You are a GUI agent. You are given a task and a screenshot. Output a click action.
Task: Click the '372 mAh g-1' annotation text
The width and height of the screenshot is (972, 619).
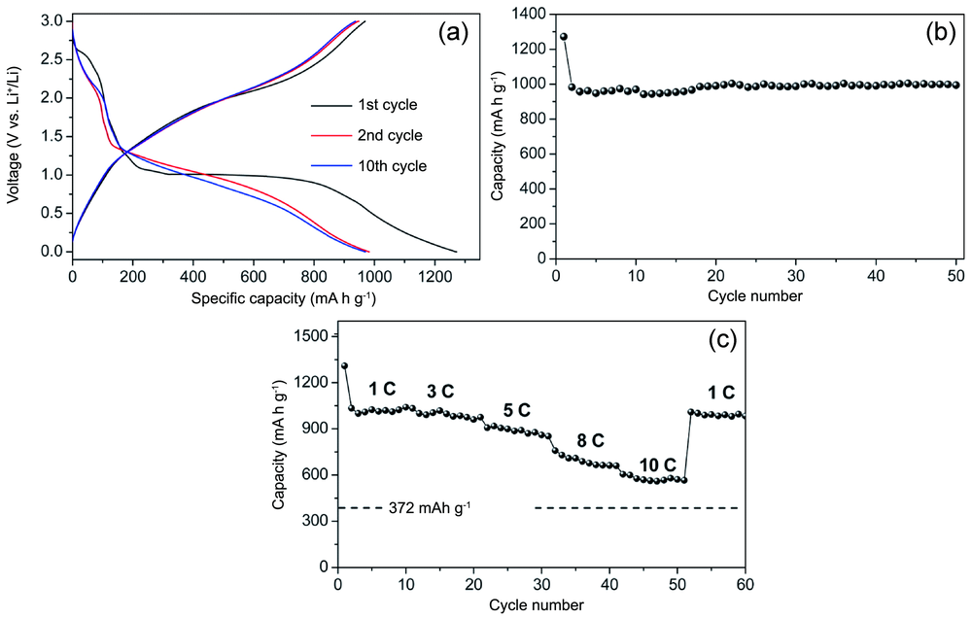[430, 507]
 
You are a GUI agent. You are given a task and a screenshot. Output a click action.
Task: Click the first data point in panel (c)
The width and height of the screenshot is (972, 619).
[344, 366]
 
